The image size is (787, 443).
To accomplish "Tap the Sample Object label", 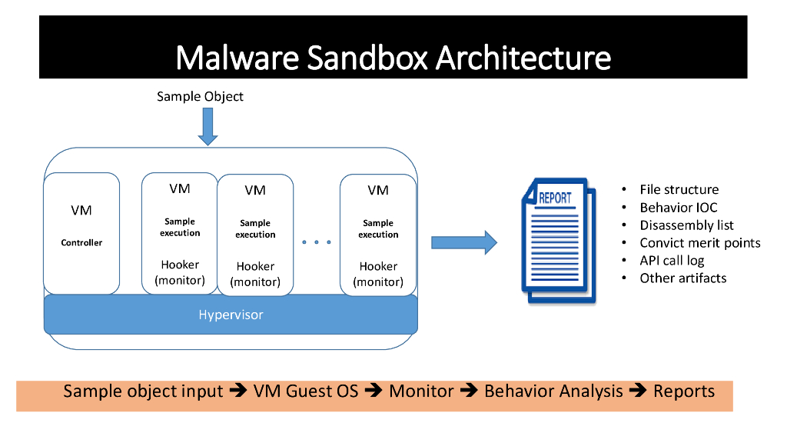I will coord(200,96).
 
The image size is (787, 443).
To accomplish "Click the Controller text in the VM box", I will coord(81,242).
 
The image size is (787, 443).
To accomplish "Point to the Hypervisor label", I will coord(231,315).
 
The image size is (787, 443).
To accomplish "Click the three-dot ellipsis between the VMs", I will coord(317,242).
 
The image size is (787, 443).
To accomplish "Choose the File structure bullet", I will coord(679,189).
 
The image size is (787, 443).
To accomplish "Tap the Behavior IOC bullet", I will coord(678,207).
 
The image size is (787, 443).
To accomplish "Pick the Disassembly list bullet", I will coord(686,225).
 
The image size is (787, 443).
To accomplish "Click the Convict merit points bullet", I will coord(699,242).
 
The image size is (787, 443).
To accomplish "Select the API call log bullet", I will coord(672,260).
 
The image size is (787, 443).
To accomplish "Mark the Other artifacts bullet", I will coord(682,278).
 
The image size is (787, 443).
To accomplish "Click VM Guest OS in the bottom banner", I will coord(306,391).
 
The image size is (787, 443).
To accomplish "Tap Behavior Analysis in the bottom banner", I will coord(553,391).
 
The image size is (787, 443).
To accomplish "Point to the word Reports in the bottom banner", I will coord(684,391).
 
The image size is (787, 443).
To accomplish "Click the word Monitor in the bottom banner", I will coord(421,391).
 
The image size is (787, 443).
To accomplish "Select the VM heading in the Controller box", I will coord(81,210).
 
